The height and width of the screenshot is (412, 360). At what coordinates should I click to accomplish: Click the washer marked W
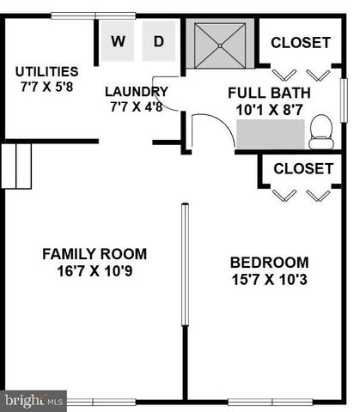click(x=118, y=41)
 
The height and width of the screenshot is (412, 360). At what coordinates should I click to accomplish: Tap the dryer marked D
click(x=159, y=41)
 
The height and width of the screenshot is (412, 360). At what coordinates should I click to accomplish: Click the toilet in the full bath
click(x=321, y=129)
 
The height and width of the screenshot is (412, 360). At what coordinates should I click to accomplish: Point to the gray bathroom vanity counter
click(x=272, y=136)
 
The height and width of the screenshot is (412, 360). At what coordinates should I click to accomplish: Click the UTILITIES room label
click(x=46, y=71)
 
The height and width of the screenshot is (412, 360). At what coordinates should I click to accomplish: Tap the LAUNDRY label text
click(x=136, y=92)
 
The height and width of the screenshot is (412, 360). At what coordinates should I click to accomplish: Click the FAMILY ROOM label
click(x=95, y=254)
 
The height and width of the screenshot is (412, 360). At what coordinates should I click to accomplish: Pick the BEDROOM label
click(x=269, y=262)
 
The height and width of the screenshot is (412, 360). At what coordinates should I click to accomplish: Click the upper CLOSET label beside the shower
click(x=301, y=42)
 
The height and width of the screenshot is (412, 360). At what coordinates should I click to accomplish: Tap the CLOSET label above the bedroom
click(x=303, y=168)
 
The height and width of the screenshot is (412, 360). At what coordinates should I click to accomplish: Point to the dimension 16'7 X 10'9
click(x=95, y=271)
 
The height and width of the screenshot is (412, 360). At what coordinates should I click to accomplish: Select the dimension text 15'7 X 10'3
click(x=269, y=279)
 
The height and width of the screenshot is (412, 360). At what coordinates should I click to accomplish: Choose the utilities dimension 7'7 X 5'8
click(x=46, y=88)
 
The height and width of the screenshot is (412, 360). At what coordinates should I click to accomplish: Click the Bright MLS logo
click(x=34, y=400)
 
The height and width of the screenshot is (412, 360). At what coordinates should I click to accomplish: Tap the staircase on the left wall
click(x=17, y=166)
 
